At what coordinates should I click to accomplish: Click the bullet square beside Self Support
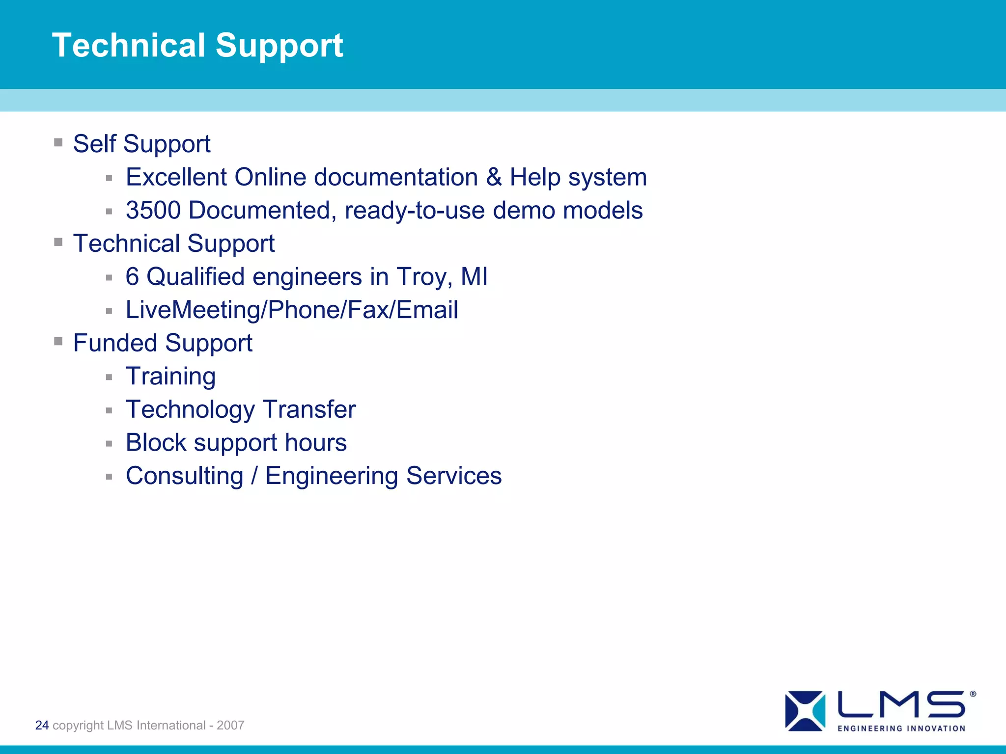click(x=58, y=142)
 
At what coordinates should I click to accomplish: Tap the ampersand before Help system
click(x=494, y=177)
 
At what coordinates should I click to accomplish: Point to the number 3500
click(x=153, y=211)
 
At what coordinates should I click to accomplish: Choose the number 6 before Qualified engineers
click(x=133, y=277)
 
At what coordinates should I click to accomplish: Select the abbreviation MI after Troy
click(x=474, y=277)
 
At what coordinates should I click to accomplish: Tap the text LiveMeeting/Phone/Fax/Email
click(x=292, y=310)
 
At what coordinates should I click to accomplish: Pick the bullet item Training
click(x=170, y=377)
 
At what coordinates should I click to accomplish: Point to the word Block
click(x=156, y=443)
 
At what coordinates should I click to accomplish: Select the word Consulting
click(x=185, y=476)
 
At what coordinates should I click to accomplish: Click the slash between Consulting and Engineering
click(x=254, y=476)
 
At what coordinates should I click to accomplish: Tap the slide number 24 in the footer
click(x=42, y=725)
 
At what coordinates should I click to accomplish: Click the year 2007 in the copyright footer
click(x=230, y=725)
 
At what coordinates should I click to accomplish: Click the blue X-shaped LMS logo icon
click(x=805, y=711)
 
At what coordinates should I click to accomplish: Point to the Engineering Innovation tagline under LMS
click(x=901, y=728)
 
